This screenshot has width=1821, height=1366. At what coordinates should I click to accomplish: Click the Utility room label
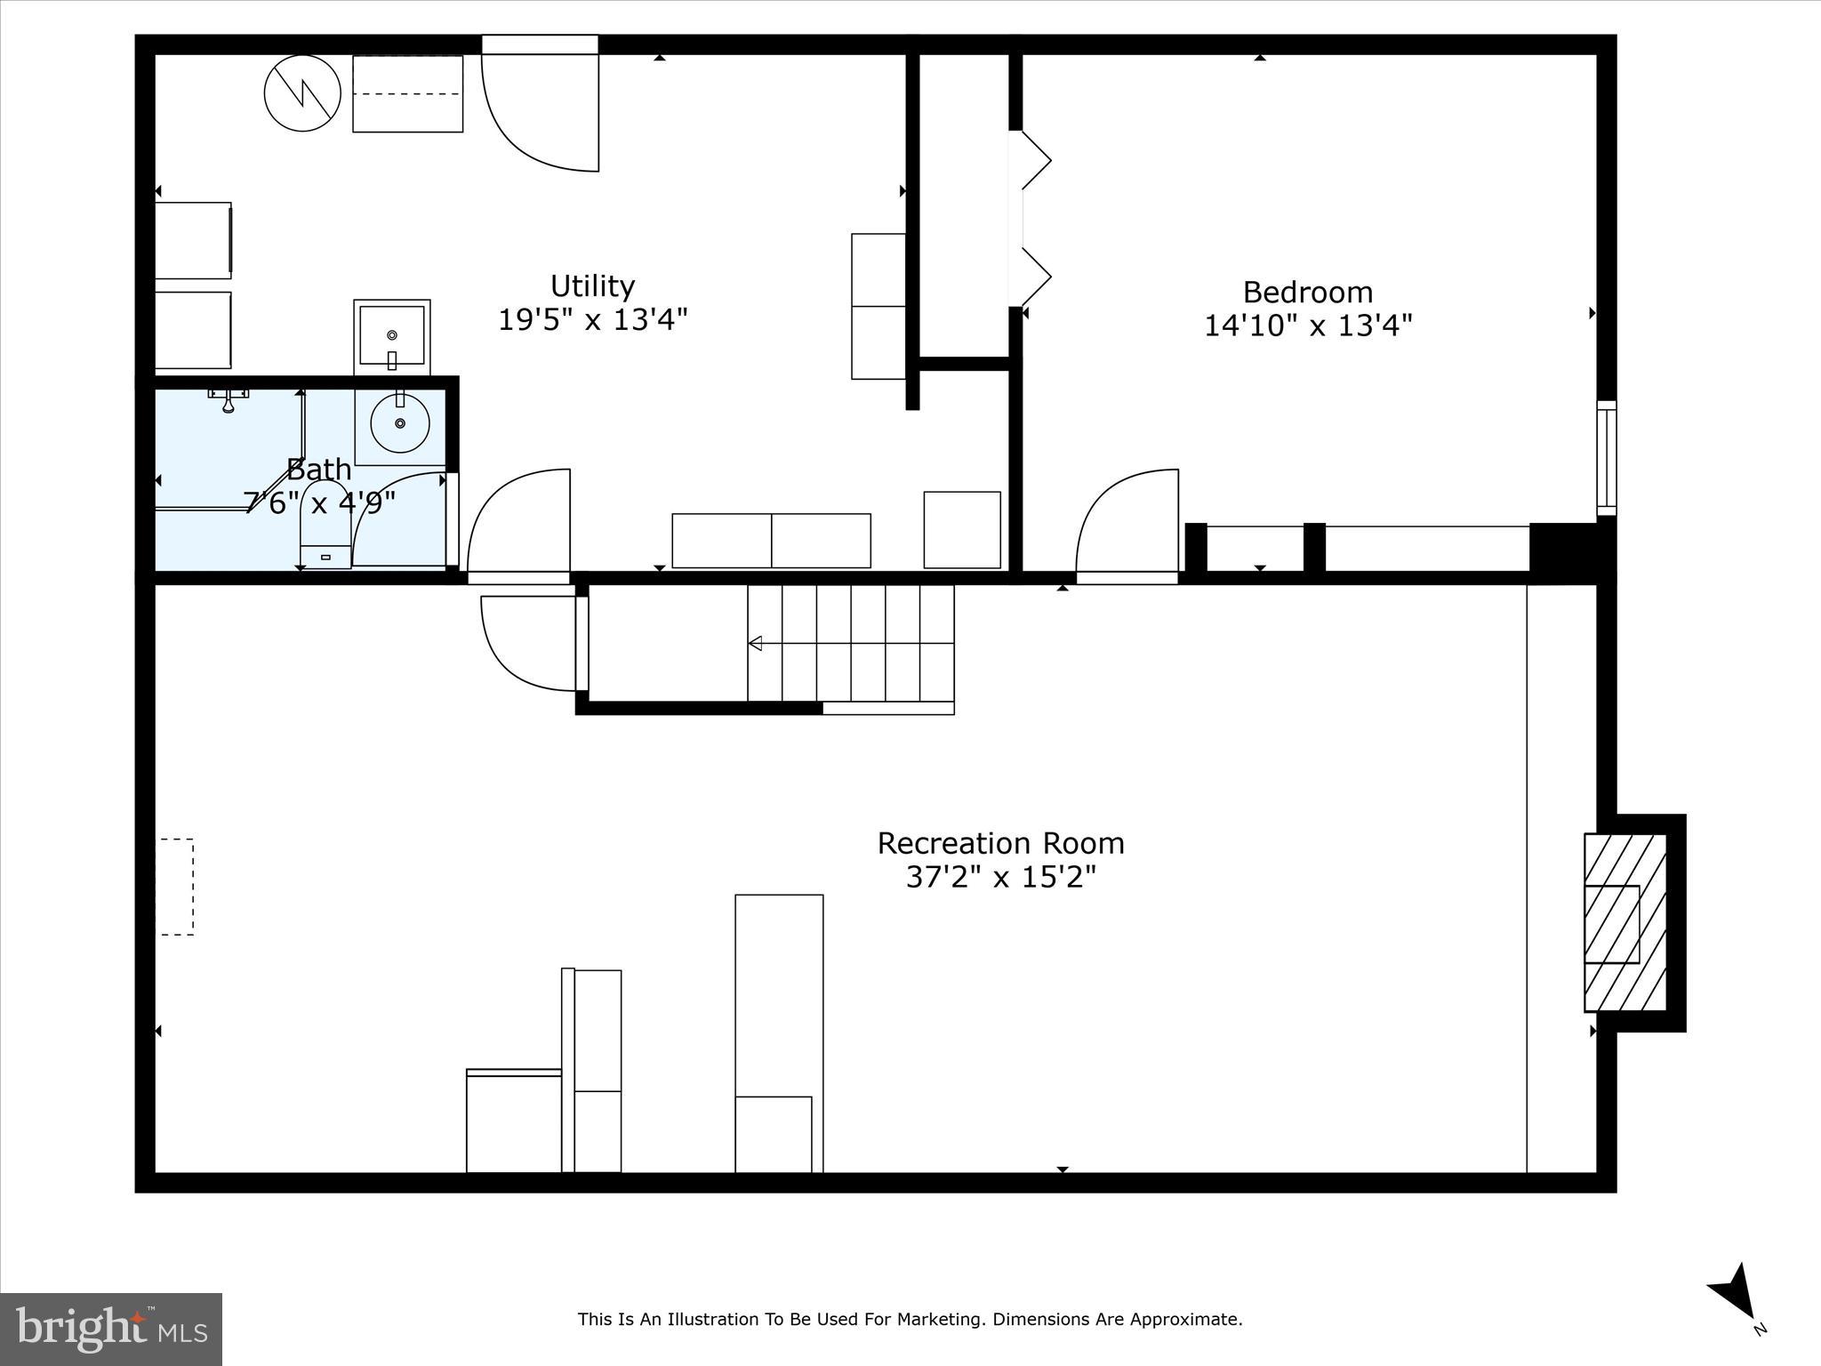click(x=592, y=286)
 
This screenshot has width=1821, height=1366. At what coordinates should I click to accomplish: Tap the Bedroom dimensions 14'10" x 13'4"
click(x=1307, y=325)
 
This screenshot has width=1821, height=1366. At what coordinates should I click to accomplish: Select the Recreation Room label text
click(x=1000, y=843)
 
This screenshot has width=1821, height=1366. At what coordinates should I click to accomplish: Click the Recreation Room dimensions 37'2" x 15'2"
click(x=1000, y=878)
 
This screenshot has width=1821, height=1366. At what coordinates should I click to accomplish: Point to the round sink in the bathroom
click(x=400, y=424)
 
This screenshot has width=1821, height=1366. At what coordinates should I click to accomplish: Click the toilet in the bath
click(x=325, y=526)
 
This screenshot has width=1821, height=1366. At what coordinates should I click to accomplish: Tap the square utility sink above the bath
click(x=392, y=336)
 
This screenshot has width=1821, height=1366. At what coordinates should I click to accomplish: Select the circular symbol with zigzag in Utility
click(x=303, y=93)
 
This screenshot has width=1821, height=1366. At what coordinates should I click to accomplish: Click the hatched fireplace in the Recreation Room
click(x=1624, y=922)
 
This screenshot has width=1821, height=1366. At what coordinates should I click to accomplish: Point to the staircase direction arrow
click(x=757, y=643)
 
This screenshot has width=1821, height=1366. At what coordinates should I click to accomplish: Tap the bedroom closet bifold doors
click(x=1033, y=219)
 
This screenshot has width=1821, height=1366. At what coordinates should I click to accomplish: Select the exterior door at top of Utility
click(x=540, y=107)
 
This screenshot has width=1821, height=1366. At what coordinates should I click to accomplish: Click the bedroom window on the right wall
click(x=1606, y=458)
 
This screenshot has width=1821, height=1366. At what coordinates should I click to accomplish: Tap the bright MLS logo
click(x=111, y=1329)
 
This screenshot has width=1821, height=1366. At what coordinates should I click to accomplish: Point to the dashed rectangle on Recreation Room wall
click(x=175, y=887)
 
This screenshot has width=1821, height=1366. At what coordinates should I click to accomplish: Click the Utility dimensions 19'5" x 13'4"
click(x=592, y=319)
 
